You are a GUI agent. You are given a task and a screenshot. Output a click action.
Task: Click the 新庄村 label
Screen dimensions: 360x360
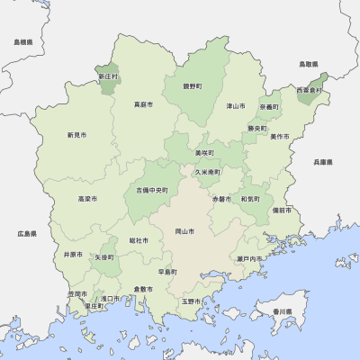[108, 76]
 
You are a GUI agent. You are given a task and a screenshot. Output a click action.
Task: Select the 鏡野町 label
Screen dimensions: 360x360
[192, 87]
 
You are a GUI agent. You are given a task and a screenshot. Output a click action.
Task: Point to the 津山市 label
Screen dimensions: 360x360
[236, 106]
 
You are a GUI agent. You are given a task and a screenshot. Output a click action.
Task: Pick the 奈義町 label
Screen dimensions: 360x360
[268, 106]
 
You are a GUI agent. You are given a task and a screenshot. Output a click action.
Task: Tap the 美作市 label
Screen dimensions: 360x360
[280, 136]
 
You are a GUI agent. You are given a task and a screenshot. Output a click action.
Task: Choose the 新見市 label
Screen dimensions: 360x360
[76, 135]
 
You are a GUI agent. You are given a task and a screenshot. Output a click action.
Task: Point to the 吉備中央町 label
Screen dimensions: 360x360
[152, 190]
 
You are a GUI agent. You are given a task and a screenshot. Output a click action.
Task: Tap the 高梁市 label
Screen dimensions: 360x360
[87, 198]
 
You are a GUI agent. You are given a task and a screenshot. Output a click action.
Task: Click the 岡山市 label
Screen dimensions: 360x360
[184, 231]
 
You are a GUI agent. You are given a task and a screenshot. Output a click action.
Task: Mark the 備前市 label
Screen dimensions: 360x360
[282, 210]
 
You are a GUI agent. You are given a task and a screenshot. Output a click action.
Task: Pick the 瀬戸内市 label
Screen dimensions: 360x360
[249, 258]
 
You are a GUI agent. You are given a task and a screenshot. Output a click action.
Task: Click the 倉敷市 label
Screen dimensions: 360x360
[142, 289]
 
